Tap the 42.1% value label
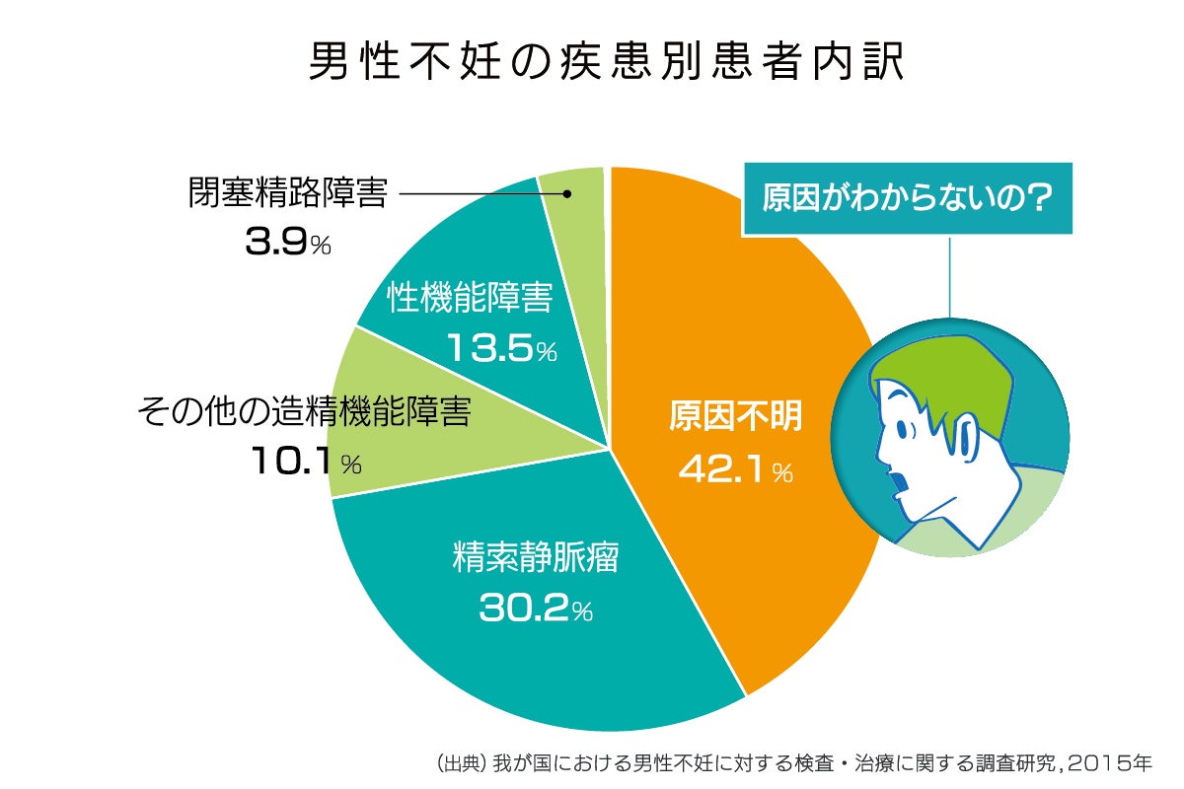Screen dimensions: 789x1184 (x=735, y=471)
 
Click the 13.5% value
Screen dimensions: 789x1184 (x=501, y=348)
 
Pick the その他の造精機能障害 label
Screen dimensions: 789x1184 (x=304, y=411)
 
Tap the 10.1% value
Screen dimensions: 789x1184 (x=305, y=462)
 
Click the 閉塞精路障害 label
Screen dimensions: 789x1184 (x=287, y=193)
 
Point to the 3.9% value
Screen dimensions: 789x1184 (x=287, y=244)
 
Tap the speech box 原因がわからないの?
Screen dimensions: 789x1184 (x=907, y=196)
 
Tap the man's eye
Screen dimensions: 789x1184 (x=901, y=426)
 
